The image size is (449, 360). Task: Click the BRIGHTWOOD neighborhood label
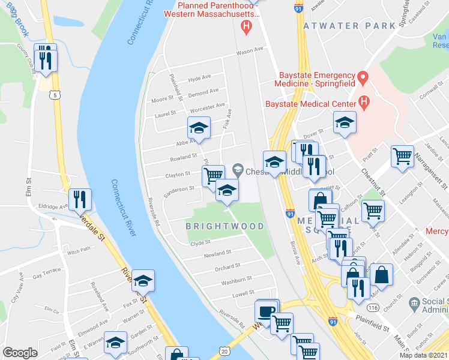point(224,226)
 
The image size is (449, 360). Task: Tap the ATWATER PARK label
point(349,26)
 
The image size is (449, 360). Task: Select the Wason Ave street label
point(250,51)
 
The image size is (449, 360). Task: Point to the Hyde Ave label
point(199,78)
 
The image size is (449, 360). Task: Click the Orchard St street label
point(228,265)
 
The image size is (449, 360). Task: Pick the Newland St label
point(217,253)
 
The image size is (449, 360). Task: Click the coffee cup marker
point(266,310)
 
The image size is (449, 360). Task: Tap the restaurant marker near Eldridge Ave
point(79,198)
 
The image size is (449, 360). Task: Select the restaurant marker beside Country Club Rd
point(46,59)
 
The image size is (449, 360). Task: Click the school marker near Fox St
point(143,280)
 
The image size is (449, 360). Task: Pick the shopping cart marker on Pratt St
point(402,156)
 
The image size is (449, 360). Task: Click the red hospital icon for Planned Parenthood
point(245,26)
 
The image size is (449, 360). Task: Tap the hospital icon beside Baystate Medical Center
point(363,103)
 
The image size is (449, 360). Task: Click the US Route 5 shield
point(55,95)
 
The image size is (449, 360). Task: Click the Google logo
point(20,352)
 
